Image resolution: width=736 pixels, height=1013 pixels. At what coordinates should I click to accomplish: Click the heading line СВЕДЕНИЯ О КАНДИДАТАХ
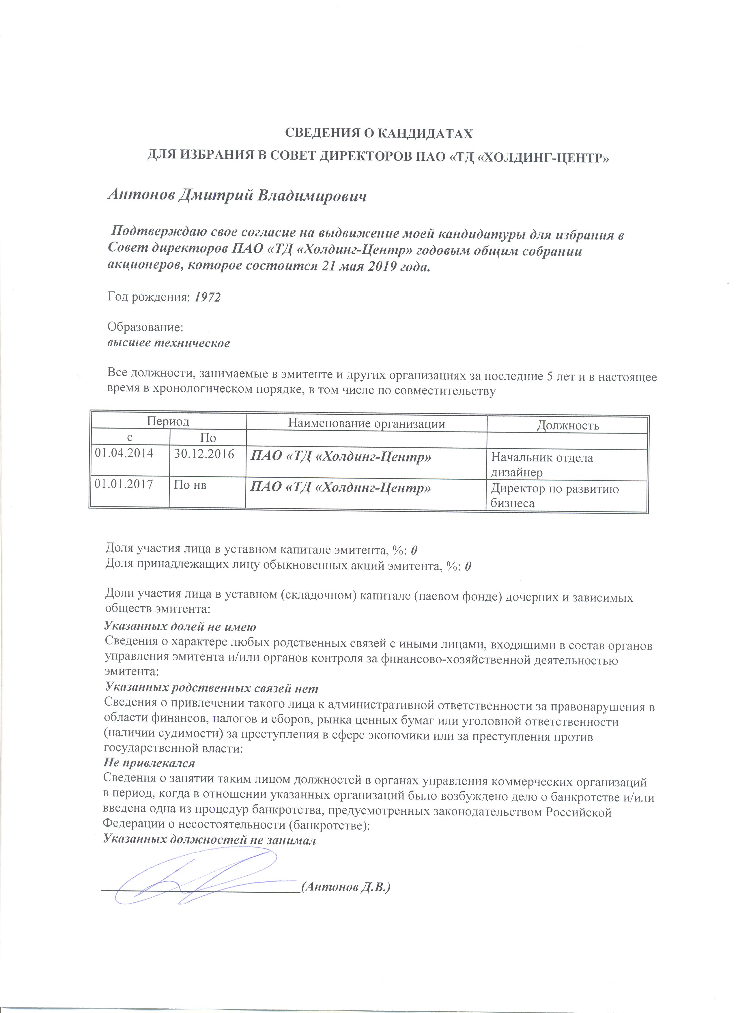pyautogui.click(x=378, y=133)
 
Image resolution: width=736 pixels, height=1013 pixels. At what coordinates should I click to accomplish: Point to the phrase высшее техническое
pyautogui.click(x=169, y=343)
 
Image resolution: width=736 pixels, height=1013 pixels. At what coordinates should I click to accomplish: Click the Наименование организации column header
pyautogui.click(x=366, y=423)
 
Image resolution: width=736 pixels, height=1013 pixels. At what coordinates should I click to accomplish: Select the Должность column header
pyautogui.click(x=567, y=425)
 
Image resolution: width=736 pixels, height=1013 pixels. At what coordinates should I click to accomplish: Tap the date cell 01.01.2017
pyautogui.click(x=124, y=484)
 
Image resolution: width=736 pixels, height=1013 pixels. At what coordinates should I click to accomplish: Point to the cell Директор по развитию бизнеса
pyautogui.click(x=555, y=496)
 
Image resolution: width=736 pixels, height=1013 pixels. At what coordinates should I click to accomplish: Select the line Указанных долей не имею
pyautogui.click(x=180, y=626)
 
